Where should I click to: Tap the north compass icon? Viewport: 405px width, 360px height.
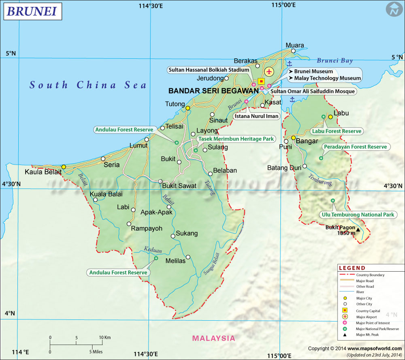(x=393, y=10)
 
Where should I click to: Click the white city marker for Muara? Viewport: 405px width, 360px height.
(x=294, y=51)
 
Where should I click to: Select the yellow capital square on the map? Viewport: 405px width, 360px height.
(x=261, y=81)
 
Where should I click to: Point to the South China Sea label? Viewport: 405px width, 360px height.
(x=88, y=85)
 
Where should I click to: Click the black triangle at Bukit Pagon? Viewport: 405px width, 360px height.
(x=358, y=230)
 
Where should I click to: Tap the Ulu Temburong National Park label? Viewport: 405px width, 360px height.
(x=357, y=214)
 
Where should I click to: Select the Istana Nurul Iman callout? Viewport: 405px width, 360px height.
(x=257, y=116)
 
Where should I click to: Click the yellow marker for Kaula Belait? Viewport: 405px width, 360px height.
(x=64, y=167)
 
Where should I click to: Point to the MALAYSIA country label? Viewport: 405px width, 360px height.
(x=213, y=338)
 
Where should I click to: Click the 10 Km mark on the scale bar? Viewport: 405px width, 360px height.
(x=105, y=337)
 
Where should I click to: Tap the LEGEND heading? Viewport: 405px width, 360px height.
(x=352, y=268)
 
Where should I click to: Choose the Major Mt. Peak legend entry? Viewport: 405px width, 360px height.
(x=367, y=334)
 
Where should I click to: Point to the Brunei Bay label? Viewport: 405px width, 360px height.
(x=335, y=61)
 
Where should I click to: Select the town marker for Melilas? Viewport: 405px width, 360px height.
(x=188, y=257)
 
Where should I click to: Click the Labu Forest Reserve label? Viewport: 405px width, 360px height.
(x=336, y=131)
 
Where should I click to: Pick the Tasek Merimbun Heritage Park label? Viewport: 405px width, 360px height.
(x=236, y=139)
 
